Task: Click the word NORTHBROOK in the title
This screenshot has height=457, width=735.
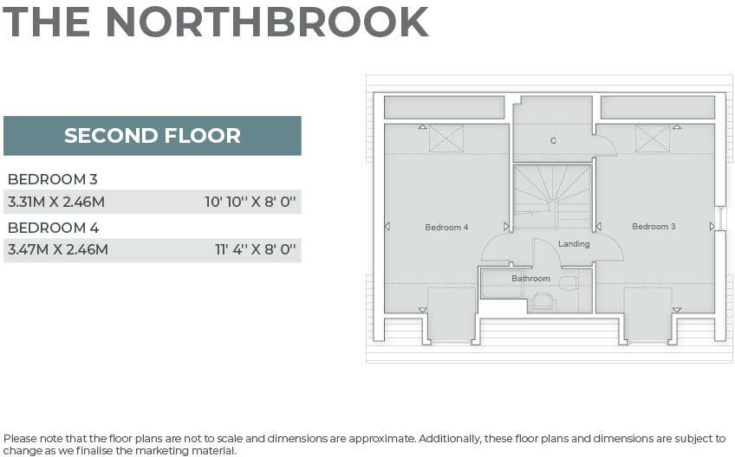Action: [x=267, y=23]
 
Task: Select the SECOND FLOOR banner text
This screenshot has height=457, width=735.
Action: [x=153, y=136]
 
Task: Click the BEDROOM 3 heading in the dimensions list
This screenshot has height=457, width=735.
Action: [x=52, y=179]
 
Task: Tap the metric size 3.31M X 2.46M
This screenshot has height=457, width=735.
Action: [x=56, y=202]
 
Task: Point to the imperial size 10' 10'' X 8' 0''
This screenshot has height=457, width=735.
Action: [x=251, y=202]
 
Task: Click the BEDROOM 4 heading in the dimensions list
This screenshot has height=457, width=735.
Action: [x=53, y=228]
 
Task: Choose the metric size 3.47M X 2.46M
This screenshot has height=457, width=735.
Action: [x=58, y=250]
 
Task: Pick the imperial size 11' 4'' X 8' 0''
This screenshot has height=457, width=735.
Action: [x=256, y=250]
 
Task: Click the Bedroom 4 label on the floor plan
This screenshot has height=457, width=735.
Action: [x=446, y=228]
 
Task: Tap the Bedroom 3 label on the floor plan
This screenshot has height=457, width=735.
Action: [x=654, y=227]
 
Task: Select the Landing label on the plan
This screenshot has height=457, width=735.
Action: [x=574, y=244]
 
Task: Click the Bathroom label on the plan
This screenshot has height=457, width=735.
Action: [x=530, y=279]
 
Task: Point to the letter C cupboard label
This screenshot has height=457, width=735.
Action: [x=553, y=140]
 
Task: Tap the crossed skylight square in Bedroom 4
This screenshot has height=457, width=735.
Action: [x=446, y=138]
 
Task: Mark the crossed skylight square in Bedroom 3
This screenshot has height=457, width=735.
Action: [x=653, y=138]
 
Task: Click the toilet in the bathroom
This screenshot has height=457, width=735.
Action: [x=543, y=301]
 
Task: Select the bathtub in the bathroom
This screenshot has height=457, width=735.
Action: [x=502, y=286]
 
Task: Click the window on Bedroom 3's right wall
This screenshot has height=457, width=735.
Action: [x=721, y=218]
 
